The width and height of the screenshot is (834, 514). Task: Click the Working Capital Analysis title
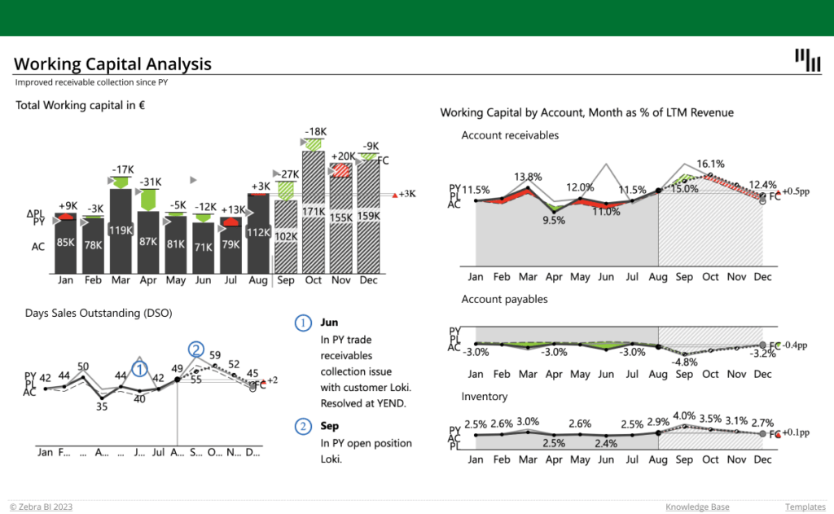(x=113, y=64)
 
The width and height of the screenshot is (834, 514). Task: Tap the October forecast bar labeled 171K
(x=314, y=212)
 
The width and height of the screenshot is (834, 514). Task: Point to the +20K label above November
(x=342, y=156)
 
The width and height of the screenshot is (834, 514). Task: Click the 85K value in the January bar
(x=67, y=243)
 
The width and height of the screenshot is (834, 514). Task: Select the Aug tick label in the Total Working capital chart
(x=258, y=280)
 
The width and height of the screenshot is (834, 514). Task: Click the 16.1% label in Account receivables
(x=710, y=164)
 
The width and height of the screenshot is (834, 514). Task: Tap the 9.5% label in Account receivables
(x=554, y=220)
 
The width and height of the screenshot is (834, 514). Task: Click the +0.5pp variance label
(x=794, y=191)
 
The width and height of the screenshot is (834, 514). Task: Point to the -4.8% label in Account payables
(x=684, y=362)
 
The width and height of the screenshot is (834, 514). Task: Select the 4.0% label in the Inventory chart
(x=684, y=416)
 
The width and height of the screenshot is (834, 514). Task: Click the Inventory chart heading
(x=484, y=397)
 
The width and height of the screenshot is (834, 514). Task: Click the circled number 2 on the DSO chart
(x=195, y=349)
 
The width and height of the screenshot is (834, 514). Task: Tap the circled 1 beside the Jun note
(x=302, y=323)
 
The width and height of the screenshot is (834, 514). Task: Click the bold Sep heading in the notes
(x=330, y=426)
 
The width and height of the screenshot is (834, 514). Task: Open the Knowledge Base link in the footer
(x=697, y=507)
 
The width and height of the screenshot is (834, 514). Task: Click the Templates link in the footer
(x=805, y=507)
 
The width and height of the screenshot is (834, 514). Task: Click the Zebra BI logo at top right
(x=807, y=60)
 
